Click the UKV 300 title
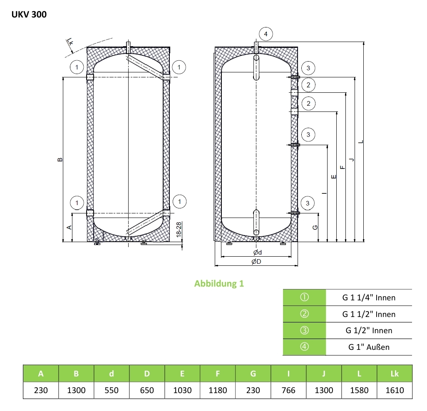point(29,15)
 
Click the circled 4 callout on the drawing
point(266,34)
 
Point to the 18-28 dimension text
point(179,230)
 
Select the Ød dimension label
point(257,253)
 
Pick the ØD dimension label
point(256,262)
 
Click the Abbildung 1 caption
point(219,284)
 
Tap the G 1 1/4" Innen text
point(369,297)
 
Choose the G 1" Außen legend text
point(369,347)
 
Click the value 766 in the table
point(288,390)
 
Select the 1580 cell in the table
point(359,390)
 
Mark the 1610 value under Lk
point(395,390)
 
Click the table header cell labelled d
point(112,374)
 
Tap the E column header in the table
point(182,374)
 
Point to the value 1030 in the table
point(182,390)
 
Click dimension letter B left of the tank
point(60,160)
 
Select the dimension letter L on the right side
point(361,142)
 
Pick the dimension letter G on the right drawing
point(315,228)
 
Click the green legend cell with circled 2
point(304,314)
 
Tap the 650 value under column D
point(147,390)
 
